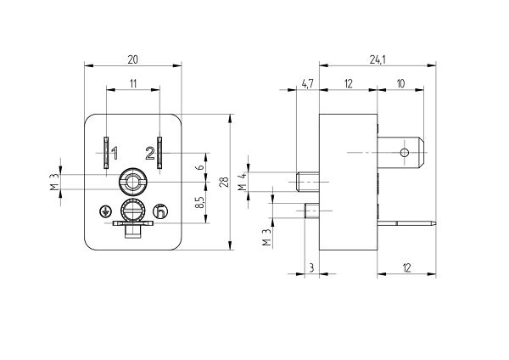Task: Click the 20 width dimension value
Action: pos(133,59)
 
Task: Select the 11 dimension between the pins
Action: pos(133,82)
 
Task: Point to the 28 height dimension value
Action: pos(223,182)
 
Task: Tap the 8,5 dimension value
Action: pos(199,205)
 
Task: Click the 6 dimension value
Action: pos(199,167)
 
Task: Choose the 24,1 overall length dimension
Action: pos(378,59)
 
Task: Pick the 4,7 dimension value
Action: pos(306,82)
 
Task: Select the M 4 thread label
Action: pos(242,181)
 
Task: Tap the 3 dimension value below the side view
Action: pos(311,268)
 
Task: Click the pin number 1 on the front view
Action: pos(115,154)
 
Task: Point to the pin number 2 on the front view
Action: pos(149,154)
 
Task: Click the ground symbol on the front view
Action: pos(106,211)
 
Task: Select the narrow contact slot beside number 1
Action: pos(104,152)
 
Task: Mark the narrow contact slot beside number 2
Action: pos(159,152)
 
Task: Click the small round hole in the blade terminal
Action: pos(405,152)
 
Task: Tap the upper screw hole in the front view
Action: pos(132,180)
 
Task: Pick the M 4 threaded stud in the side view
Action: pos(309,181)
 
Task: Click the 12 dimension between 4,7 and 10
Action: pos(348,82)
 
